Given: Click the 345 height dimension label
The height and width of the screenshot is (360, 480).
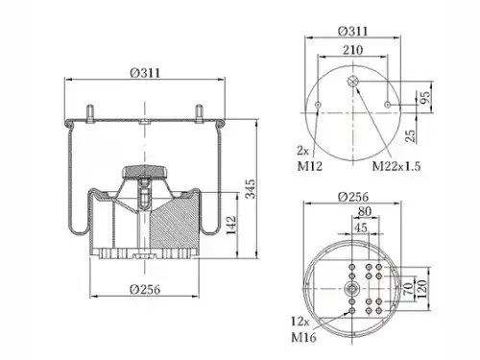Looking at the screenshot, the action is (x=251, y=189).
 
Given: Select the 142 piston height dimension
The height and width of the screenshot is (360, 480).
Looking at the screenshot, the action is (x=231, y=225).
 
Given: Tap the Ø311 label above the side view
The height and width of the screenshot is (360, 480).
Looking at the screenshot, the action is (x=145, y=73).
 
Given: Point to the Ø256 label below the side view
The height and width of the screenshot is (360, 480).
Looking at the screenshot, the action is (x=145, y=289).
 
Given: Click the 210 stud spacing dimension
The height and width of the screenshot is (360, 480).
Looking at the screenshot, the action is (x=353, y=50).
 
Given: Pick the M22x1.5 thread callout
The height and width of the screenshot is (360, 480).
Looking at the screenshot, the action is (x=396, y=166).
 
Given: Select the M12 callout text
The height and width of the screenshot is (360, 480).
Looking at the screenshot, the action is (x=309, y=166).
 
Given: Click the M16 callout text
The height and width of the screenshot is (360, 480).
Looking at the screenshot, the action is (x=303, y=337).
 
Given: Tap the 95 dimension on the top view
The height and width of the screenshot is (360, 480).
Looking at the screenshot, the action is (x=424, y=99).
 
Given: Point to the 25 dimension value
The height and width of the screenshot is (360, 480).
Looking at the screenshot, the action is (x=410, y=136).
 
